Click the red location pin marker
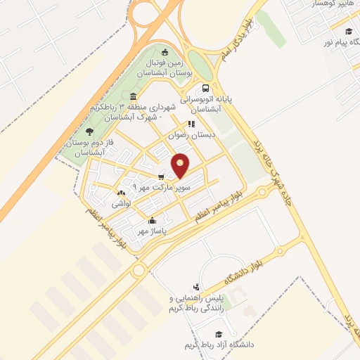[181, 166]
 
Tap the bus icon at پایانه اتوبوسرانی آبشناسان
[205, 89]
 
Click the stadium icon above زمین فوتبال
[165, 51]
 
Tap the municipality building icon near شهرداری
[133, 97]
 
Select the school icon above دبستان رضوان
[190, 124]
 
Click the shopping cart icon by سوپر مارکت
[162, 177]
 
